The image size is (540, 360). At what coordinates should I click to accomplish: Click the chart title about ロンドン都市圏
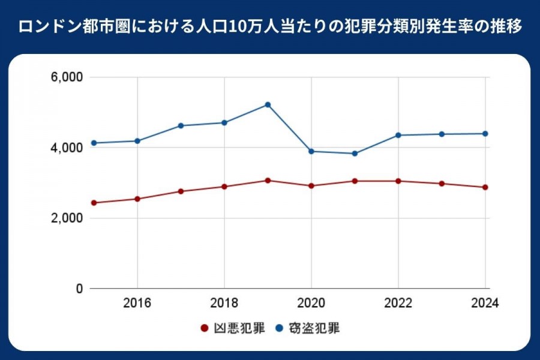[x=270, y=27]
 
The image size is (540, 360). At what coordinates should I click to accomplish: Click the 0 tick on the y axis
[x=79, y=289]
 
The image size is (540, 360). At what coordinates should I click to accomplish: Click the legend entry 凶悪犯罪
[x=232, y=328]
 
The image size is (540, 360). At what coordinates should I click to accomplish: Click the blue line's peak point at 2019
[x=268, y=105]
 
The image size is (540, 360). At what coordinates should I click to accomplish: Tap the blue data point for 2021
[x=355, y=154]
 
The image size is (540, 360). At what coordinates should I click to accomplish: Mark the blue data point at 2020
[x=311, y=151]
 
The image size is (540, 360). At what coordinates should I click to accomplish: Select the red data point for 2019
[x=268, y=181]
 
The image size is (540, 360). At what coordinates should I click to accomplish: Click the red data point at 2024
[x=485, y=187]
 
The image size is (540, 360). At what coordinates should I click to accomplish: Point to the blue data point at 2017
[x=181, y=125]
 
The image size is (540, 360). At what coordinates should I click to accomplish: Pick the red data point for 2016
[x=137, y=199]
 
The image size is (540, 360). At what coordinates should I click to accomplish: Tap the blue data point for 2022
[x=398, y=135]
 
